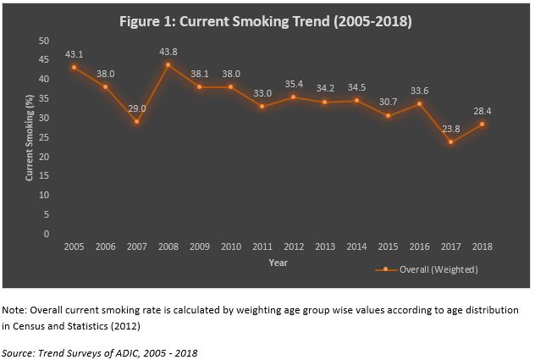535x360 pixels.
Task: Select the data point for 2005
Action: click(x=74, y=67)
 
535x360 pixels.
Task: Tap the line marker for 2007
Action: click(x=136, y=121)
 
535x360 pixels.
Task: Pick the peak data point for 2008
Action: click(x=168, y=64)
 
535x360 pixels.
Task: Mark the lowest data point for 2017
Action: click(x=451, y=141)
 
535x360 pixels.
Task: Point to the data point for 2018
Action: click(x=483, y=124)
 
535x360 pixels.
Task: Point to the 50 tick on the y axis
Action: click(x=44, y=40)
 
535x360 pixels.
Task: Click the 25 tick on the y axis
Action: click(x=44, y=137)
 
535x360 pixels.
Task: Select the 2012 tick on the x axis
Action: click(x=294, y=246)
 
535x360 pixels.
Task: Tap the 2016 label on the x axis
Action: click(x=420, y=246)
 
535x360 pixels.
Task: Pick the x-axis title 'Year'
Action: click(x=279, y=263)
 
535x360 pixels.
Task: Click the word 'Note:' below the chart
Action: click(x=15, y=310)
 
